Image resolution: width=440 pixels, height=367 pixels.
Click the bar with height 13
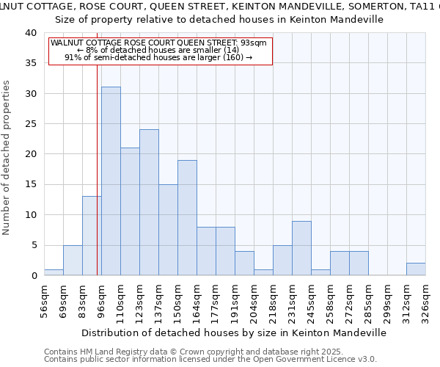(92, 236)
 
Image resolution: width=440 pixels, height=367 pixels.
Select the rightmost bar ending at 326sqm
(416, 269)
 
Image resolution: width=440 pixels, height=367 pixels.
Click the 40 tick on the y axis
(32, 33)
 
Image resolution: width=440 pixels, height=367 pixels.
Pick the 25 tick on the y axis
(32, 124)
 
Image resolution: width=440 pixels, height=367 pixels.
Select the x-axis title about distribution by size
(233, 333)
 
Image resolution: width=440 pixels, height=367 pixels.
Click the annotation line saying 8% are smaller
(158, 50)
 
